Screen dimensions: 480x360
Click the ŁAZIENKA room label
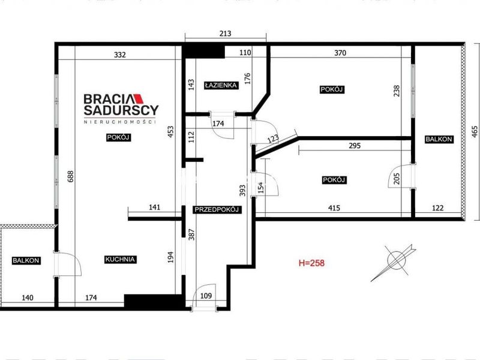coord(221,85)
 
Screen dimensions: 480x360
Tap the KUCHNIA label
coord(120,259)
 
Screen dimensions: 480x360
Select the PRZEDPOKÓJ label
coord(217,209)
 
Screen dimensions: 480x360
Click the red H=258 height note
coord(311,263)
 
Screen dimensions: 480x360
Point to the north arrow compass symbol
coord(394,262)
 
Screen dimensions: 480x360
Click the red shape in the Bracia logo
coord(139,98)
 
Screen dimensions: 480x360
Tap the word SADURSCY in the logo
coord(121,110)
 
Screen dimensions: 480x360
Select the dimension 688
coord(70,176)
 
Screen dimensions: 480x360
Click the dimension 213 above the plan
coord(226,33)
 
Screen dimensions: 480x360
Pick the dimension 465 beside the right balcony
coord(474,131)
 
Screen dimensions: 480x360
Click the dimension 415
coord(334,208)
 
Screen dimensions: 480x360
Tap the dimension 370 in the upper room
coord(340,53)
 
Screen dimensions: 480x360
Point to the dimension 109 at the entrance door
coord(206,295)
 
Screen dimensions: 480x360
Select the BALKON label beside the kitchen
coord(26,260)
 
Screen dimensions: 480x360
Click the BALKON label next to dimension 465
coord(439,139)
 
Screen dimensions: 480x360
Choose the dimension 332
coord(119,55)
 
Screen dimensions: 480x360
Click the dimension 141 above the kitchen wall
coord(154,207)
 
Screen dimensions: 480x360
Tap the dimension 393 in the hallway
coord(242,190)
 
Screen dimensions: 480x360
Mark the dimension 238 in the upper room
coord(396,91)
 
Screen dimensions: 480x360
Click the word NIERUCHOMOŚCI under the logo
coord(120,122)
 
